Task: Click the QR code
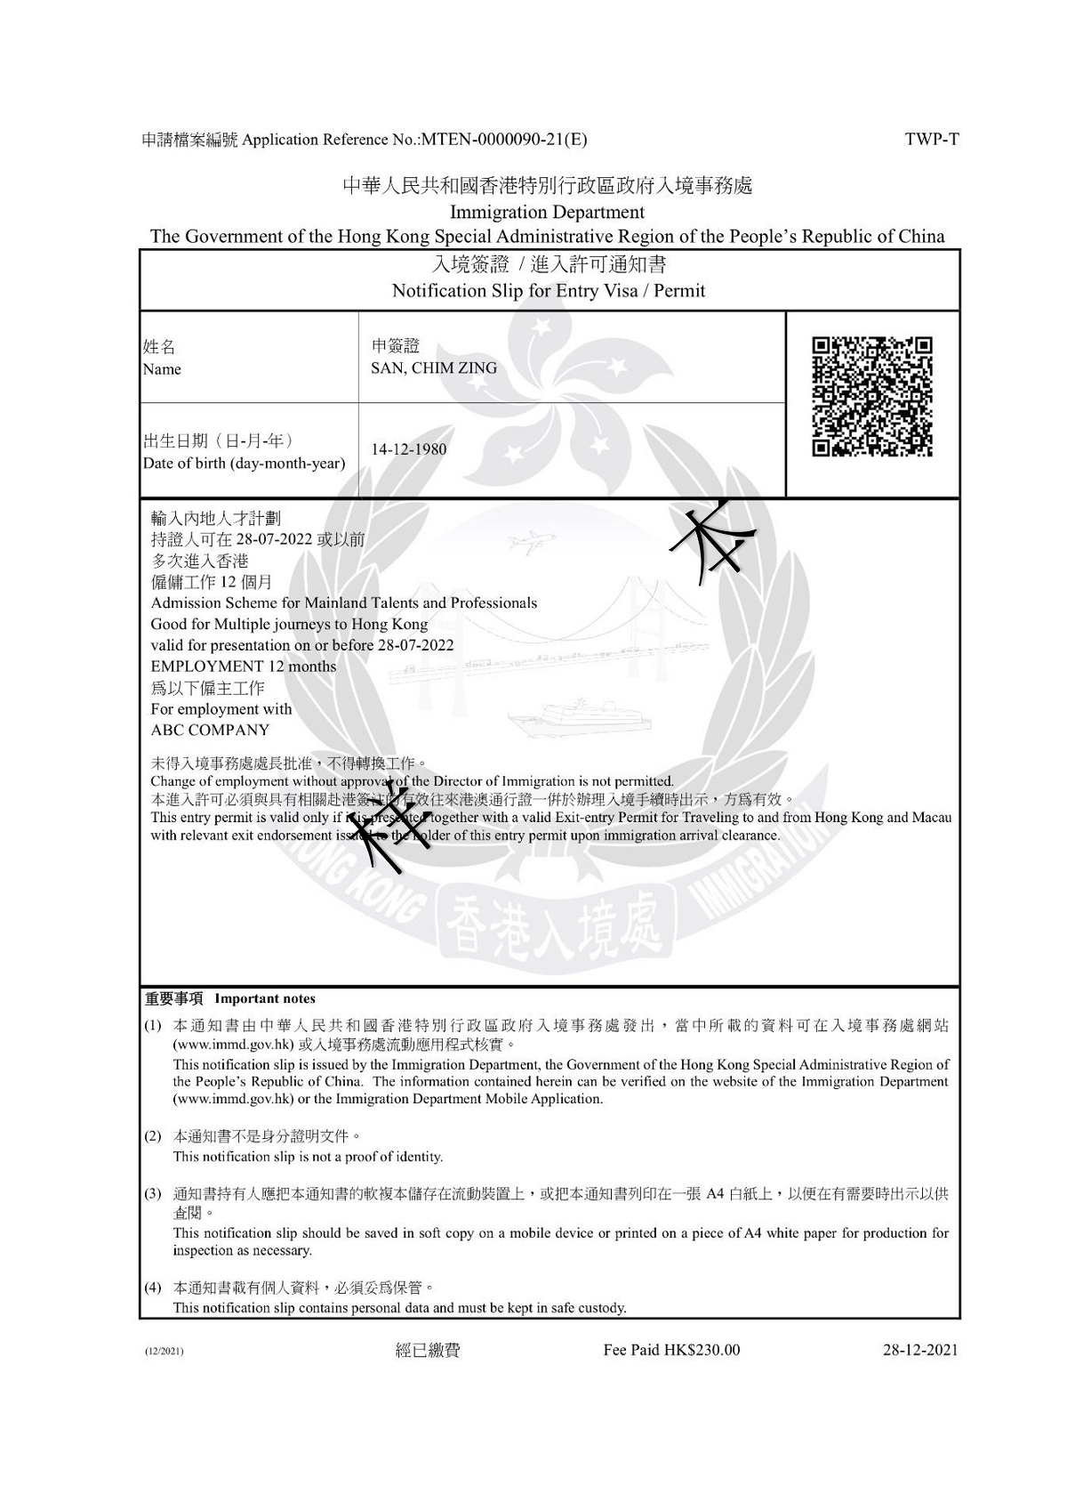872,397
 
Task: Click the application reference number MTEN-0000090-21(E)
504,139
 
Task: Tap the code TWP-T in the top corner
932,139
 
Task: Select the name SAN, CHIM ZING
434,368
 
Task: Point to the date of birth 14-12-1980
409,449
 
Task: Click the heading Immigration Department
547,213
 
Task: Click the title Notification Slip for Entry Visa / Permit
549,291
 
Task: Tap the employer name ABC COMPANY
210,731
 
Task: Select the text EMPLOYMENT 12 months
244,666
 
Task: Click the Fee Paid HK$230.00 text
671,1350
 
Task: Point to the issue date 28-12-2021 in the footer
920,1350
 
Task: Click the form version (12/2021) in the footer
164,1352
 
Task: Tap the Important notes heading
264,998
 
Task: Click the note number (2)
153,1136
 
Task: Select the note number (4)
153,1288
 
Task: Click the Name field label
161,369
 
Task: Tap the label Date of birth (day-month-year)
245,464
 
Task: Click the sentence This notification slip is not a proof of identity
308,1157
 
